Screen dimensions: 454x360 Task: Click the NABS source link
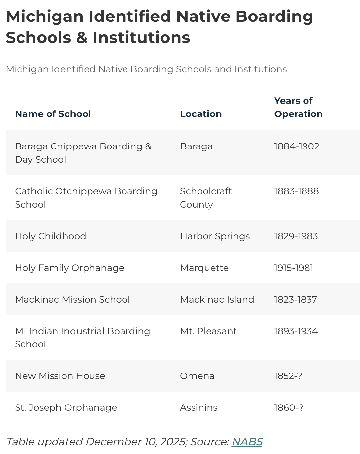tap(247, 442)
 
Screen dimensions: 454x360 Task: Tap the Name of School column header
tap(53, 114)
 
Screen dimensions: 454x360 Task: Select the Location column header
tap(201, 114)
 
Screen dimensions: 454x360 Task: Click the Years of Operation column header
tap(298, 107)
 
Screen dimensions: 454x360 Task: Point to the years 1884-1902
tap(297, 146)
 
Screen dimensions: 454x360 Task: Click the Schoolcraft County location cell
tap(206, 198)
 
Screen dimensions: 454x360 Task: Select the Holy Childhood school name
tap(51, 236)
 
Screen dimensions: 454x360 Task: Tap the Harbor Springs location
tap(215, 236)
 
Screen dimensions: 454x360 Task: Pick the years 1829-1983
tap(296, 236)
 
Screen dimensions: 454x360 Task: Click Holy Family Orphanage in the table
tap(70, 268)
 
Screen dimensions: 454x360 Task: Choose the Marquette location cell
tap(204, 268)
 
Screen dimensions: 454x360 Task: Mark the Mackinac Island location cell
tap(217, 299)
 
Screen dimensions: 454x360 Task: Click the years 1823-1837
tap(296, 299)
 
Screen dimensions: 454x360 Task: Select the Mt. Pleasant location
tap(208, 331)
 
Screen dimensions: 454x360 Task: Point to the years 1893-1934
tap(296, 331)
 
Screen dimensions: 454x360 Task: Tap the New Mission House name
tap(60, 376)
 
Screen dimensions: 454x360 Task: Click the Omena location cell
tap(197, 376)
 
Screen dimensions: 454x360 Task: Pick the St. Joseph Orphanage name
tap(66, 407)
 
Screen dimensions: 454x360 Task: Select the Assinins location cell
tap(198, 407)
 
